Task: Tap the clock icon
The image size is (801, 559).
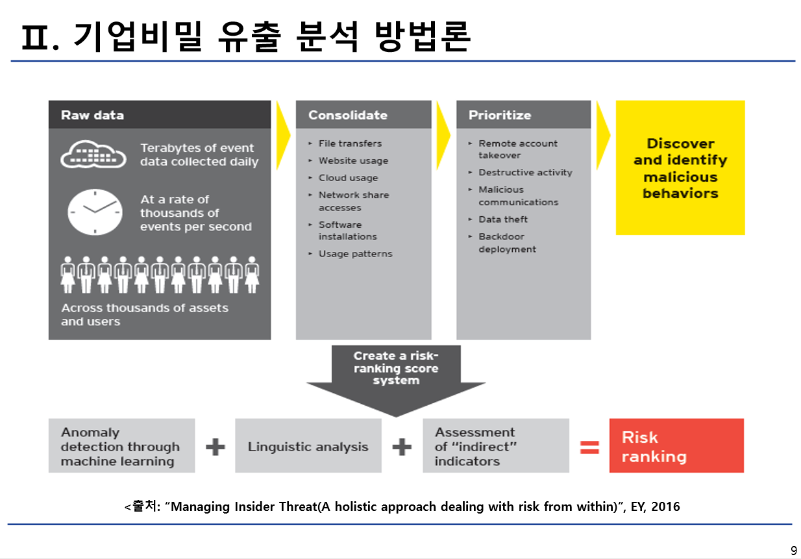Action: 95,212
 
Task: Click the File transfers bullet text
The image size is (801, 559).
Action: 350,143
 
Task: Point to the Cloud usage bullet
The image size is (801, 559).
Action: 348,178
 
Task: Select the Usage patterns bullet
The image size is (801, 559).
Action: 355,254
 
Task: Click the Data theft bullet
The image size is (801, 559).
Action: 503,219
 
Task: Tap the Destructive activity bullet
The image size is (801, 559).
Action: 525,173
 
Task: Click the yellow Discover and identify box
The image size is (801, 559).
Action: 680,168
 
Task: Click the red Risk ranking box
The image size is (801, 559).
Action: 676,446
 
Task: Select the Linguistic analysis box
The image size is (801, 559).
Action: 308,447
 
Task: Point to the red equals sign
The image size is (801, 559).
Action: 589,447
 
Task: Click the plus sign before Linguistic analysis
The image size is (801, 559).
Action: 215,447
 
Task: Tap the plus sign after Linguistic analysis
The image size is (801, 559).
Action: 402,447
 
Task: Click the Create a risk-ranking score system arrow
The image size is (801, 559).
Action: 395,377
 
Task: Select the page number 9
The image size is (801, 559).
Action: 793,551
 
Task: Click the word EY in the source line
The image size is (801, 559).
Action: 638,506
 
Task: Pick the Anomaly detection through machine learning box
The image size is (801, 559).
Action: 121,447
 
